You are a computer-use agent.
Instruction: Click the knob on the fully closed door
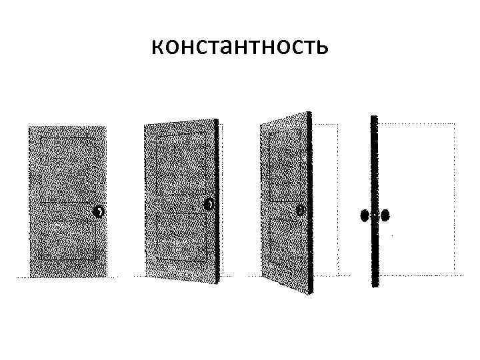tap(99, 212)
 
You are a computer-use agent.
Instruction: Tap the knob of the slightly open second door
tap(209, 204)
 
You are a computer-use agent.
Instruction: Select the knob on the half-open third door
tap(301, 210)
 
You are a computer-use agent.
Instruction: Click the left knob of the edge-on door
tap(364, 215)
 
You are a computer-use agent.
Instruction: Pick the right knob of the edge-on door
tap(385, 215)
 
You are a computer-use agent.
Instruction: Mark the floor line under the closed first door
tap(67, 276)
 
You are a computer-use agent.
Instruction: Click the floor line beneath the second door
tap(180, 275)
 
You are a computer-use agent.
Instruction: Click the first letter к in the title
tap(157, 47)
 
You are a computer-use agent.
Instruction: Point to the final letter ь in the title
tap(321, 47)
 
